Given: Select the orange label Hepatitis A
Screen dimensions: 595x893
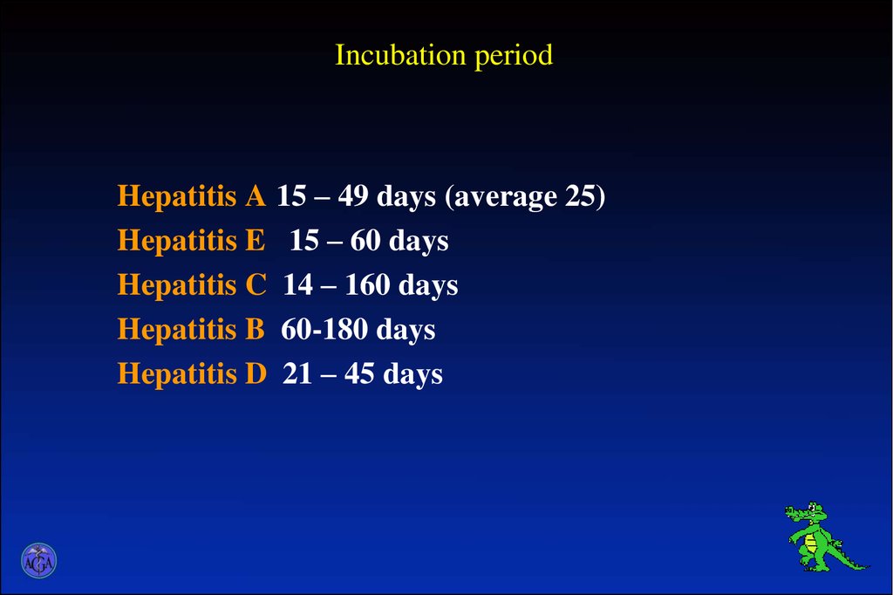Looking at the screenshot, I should (191, 197).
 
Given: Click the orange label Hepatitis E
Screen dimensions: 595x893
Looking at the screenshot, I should (191, 242).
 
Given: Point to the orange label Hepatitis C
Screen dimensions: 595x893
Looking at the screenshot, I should (191, 286).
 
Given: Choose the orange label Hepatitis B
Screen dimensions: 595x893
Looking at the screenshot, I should (191, 331).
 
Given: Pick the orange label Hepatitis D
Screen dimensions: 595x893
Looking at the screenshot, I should (191, 375).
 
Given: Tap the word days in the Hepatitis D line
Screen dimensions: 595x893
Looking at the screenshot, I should (413, 375).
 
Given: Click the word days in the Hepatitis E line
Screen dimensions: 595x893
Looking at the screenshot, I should (419, 242).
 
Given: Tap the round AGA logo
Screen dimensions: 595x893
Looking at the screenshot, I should (38, 561).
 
